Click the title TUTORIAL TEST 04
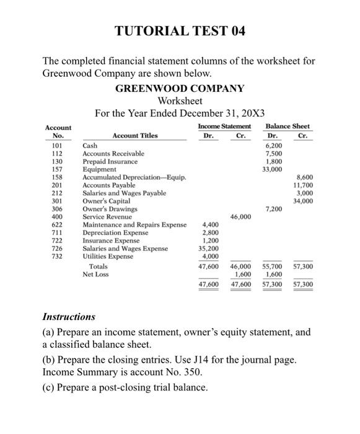pyautogui.click(x=180, y=32)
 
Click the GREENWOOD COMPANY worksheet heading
pyautogui.click(x=180, y=88)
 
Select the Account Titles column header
pyautogui.click(x=134, y=135)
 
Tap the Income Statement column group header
pyautogui.click(x=221, y=126)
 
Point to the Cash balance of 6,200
pyautogui.click(x=273, y=145)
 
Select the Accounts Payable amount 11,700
pyautogui.click(x=302, y=185)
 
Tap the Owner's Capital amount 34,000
pyautogui.click(x=302, y=201)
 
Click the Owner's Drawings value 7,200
pyautogui.click(x=273, y=209)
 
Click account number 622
pyautogui.click(x=58, y=225)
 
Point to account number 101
pyautogui.click(x=58, y=145)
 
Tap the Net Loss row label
pyautogui.click(x=96, y=273)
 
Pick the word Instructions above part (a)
pyautogui.click(x=69, y=316)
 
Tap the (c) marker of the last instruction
pyautogui.click(x=49, y=388)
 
